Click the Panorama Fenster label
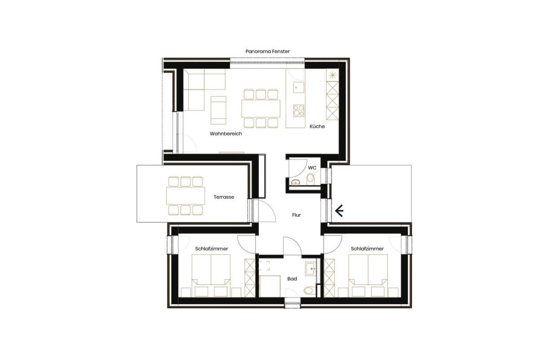267,52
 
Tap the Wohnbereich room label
226,134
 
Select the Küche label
317,127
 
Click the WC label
312,168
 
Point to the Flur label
296,215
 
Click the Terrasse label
224,197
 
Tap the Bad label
292,279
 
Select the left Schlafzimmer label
211,249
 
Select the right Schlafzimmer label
367,249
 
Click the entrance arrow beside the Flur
339,210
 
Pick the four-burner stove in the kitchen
298,111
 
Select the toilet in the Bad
309,290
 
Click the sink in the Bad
310,269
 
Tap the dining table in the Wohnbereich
261,108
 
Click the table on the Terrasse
185,196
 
